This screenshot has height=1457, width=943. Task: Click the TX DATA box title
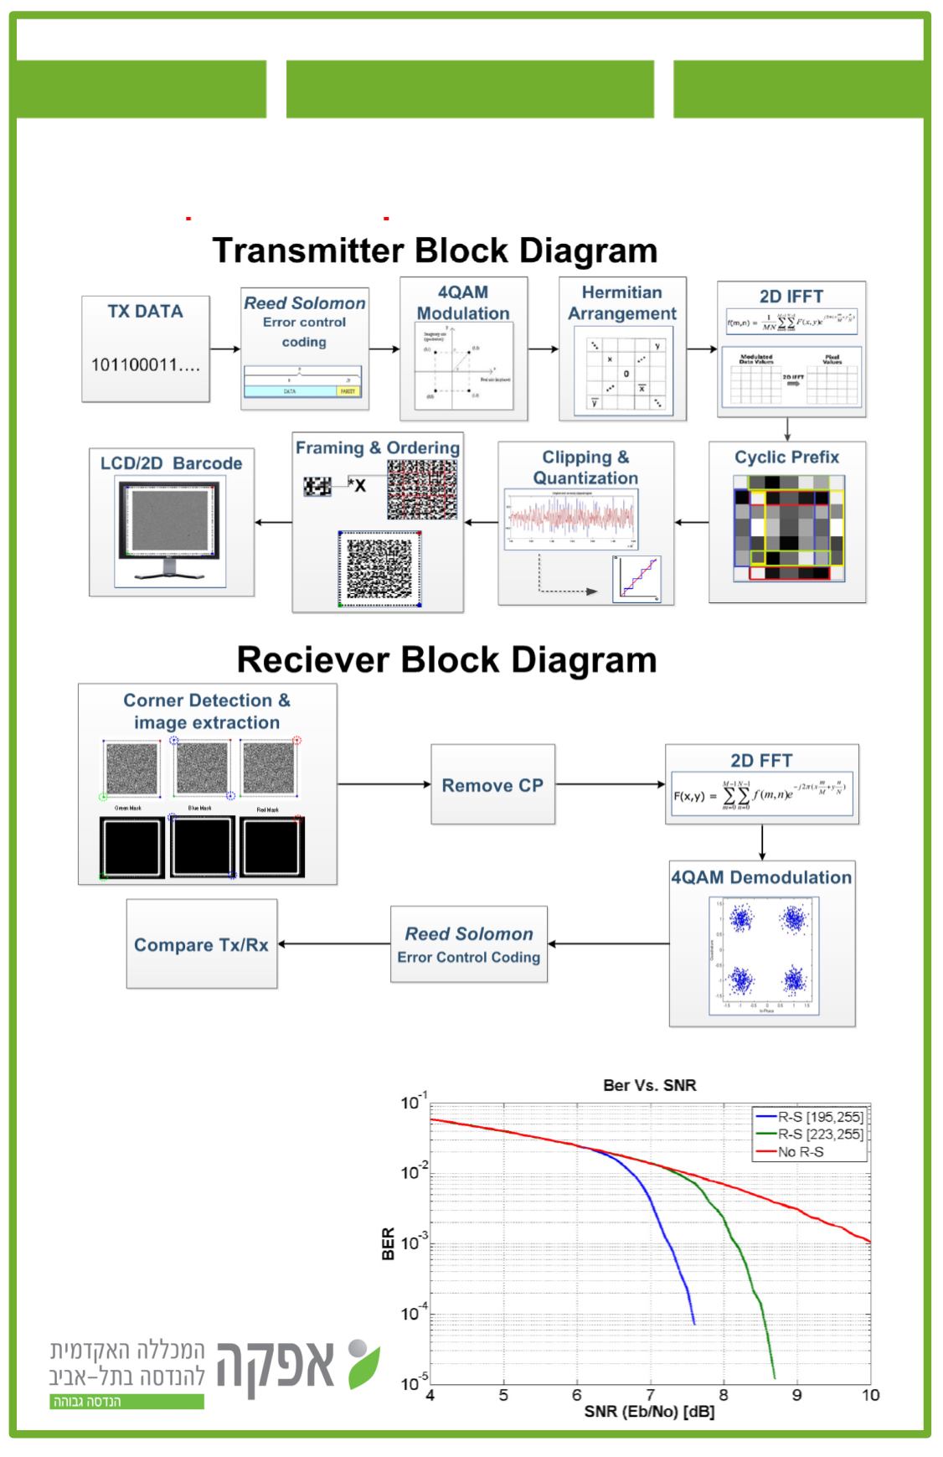tap(145, 312)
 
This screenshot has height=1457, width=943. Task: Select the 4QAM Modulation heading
tap(463, 302)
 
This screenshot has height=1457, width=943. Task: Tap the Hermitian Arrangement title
tap(622, 302)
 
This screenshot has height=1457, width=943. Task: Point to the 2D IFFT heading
tap(791, 297)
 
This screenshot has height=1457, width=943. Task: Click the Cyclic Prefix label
tap(786, 457)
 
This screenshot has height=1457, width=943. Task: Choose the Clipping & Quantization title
tap(585, 468)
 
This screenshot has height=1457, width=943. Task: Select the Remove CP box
tap(492, 785)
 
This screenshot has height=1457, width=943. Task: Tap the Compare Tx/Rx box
tap(201, 944)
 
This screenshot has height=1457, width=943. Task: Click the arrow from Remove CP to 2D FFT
tap(610, 785)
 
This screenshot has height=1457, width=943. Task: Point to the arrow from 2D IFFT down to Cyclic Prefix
tap(787, 429)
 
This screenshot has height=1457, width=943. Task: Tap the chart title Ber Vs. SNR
tap(650, 1085)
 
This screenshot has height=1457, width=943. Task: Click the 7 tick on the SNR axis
tap(651, 1395)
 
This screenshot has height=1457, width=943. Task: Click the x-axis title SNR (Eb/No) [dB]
tap(650, 1413)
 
